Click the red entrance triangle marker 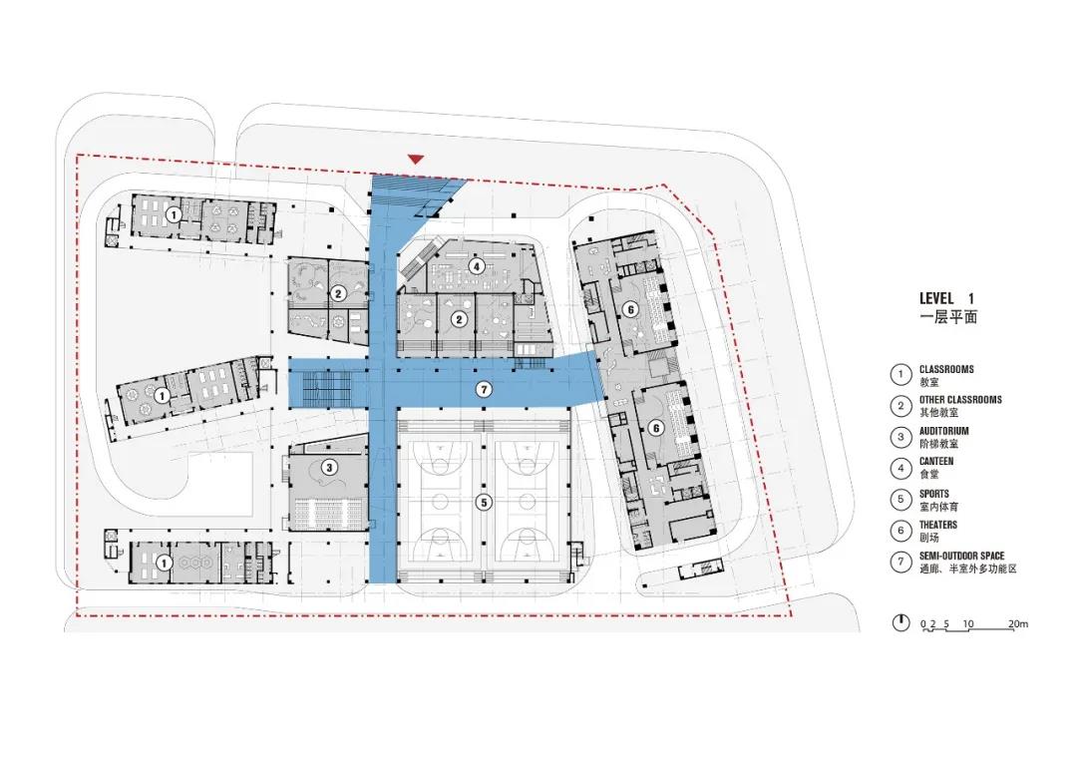416,160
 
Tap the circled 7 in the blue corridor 484,390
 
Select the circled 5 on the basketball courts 484,503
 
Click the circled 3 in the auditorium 330,468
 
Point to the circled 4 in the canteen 476,266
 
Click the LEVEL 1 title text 946,298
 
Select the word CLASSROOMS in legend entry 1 946,369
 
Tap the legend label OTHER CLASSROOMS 960,399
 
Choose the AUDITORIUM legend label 943,431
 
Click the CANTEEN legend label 936,461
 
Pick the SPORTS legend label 934,494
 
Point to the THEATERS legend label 938,525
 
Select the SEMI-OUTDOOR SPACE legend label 961,556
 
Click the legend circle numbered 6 900,531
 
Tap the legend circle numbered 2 900,405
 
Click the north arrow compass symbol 900,623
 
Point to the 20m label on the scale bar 1018,624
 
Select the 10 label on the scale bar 967,624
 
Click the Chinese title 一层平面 948,317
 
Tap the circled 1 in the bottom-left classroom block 164,563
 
